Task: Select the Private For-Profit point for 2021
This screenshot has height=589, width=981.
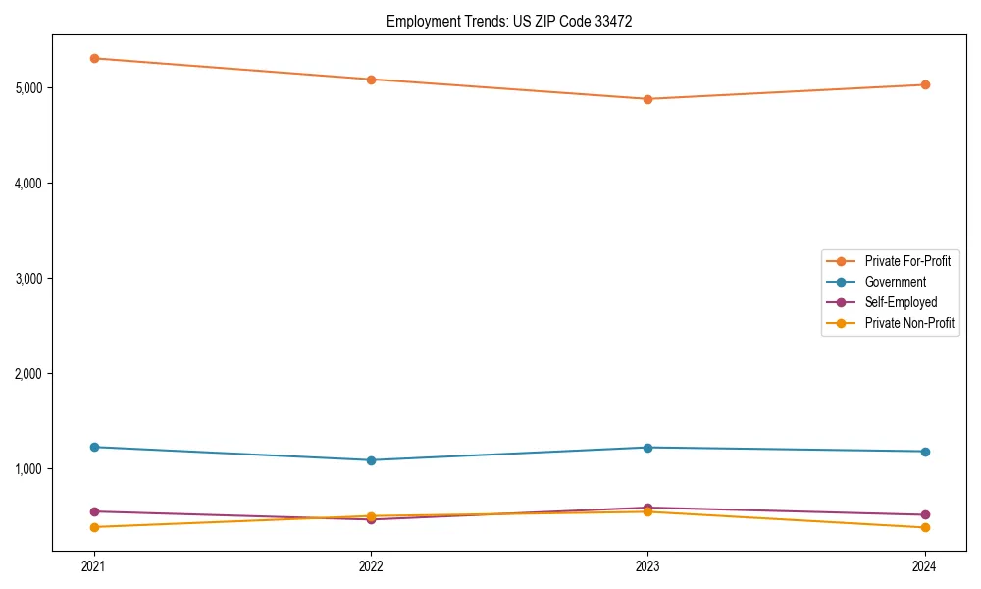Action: pos(94,58)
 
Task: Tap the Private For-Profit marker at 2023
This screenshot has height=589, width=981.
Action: pos(647,99)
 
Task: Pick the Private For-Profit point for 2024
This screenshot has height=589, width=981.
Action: pos(925,84)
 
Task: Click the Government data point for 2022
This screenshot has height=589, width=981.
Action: pos(371,460)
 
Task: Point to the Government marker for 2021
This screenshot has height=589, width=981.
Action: pos(94,447)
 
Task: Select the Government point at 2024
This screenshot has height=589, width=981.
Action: pos(925,452)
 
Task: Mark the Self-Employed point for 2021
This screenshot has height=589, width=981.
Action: pos(94,511)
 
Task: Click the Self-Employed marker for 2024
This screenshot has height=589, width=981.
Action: pos(925,514)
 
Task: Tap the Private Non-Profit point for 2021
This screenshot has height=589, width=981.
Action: pos(94,527)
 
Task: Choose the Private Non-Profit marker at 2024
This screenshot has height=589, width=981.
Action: pos(925,528)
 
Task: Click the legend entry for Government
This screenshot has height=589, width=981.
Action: pos(895,282)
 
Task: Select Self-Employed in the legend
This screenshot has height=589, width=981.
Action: pos(901,302)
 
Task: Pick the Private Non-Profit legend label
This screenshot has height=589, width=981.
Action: pos(909,323)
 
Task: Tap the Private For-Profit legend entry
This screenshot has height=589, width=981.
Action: pos(907,261)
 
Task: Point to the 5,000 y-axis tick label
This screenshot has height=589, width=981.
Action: pos(29,88)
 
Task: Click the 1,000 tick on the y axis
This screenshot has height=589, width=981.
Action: pos(29,469)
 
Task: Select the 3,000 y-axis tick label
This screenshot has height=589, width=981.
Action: pos(29,279)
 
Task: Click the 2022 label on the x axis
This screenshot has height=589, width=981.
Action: pos(371,565)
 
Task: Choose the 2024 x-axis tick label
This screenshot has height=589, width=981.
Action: pos(925,565)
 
